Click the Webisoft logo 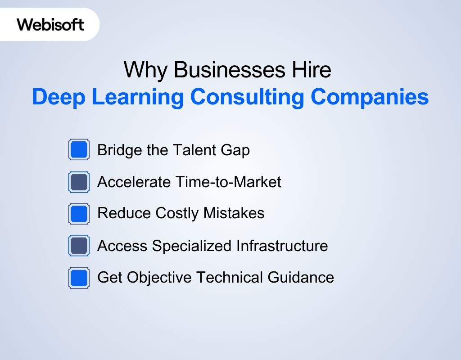50,24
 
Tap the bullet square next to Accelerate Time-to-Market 79,182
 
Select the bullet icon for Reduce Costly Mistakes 79,213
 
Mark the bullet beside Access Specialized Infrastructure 79,246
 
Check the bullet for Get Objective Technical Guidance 79,277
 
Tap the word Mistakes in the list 234,213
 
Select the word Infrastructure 282,246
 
